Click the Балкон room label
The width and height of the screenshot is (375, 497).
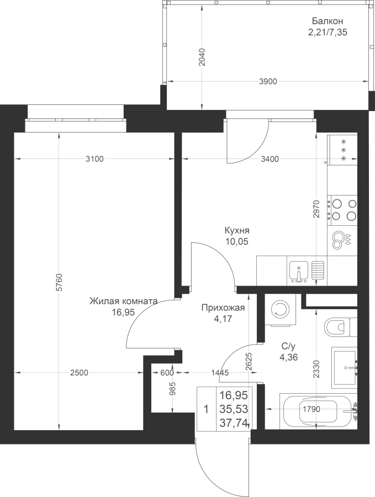[x=328, y=21]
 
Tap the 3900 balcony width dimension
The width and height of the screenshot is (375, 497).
[x=268, y=82]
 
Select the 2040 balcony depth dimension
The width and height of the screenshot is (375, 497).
[x=202, y=57]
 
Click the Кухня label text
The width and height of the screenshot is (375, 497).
[x=237, y=230]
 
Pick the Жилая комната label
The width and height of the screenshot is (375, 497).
[x=124, y=301]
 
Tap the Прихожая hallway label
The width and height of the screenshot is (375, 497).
[x=223, y=308]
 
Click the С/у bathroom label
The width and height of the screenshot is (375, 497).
[x=288, y=346]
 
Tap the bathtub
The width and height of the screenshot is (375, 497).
[x=319, y=410]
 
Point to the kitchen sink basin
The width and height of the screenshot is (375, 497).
[x=299, y=272]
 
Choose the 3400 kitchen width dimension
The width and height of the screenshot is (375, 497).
[x=270, y=159]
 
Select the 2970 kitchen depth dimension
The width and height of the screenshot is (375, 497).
[x=316, y=209]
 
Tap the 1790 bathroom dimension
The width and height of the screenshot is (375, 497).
[x=311, y=409]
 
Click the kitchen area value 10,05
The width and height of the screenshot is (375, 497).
[x=237, y=242]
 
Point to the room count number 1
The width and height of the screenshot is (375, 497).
[x=206, y=410]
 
